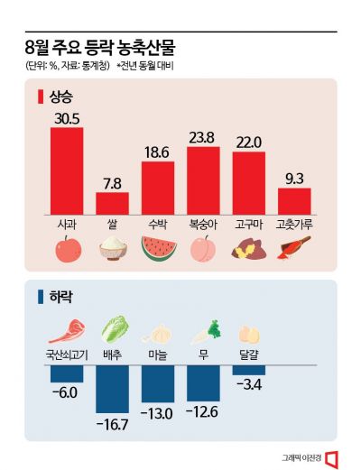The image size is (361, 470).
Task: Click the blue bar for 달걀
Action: (x=248, y=370)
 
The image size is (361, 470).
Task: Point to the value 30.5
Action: (x=67, y=118)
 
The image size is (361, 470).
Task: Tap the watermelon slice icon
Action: (x=158, y=247)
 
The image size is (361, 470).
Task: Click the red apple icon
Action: (x=67, y=248)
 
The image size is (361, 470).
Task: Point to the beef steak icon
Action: (x=67, y=327)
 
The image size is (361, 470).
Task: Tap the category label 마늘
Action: (x=158, y=355)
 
